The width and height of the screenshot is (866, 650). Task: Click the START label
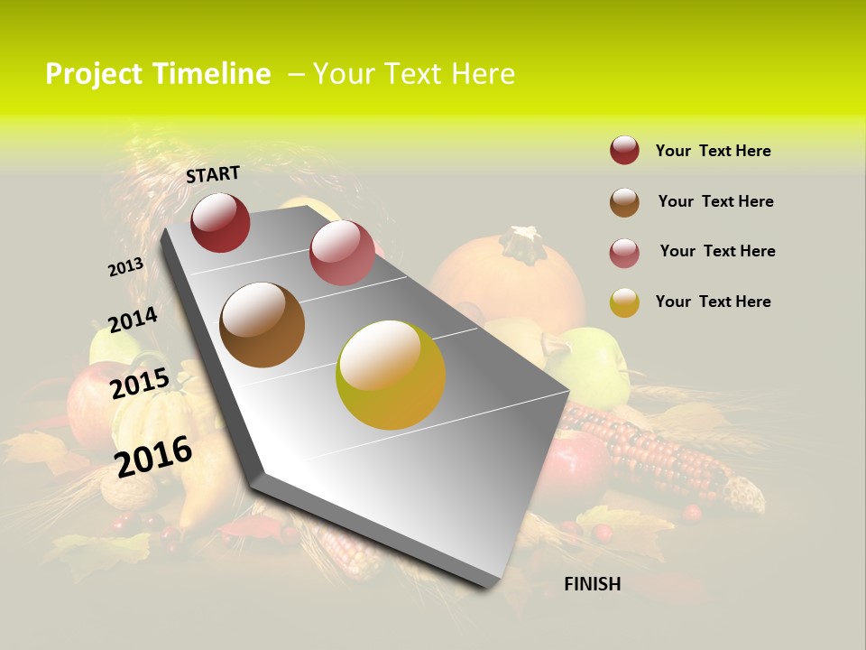click(213, 174)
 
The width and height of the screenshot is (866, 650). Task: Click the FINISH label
click(592, 584)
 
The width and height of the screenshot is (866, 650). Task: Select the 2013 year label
click(125, 267)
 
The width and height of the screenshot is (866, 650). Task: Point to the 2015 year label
click(140, 384)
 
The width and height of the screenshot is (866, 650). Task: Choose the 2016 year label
click(153, 456)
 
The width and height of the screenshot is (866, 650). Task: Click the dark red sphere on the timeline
click(220, 223)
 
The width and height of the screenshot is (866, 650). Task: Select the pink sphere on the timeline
click(342, 253)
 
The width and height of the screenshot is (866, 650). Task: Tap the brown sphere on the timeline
click(262, 325)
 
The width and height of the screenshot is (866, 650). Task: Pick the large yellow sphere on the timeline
click(391, 375)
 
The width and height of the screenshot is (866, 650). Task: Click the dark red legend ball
click(624, 151)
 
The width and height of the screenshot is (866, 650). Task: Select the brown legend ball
click(624, 202)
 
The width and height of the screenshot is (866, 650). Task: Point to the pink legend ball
click(624, 253)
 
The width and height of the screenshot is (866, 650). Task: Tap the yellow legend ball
click(624, 302)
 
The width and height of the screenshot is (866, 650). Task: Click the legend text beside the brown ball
click(715, 201)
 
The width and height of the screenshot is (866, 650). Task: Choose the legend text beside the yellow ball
click(713, 302)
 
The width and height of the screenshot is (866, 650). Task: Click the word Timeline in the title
click(211, 74)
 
